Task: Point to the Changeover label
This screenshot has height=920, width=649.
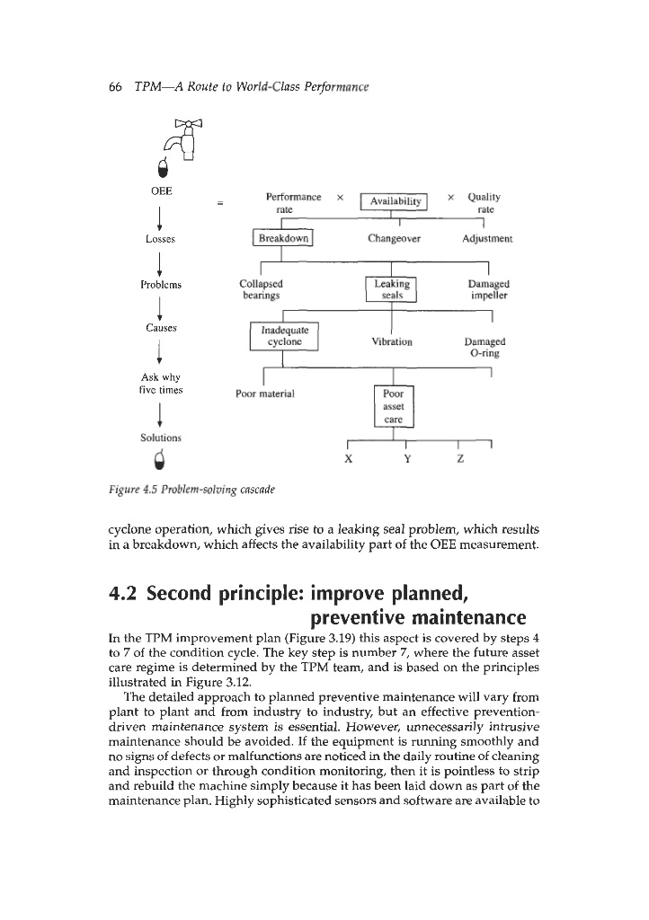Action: pos(395,239)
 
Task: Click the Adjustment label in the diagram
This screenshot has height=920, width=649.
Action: pos(489,239)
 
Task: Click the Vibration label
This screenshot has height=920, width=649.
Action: pos(392,341)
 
